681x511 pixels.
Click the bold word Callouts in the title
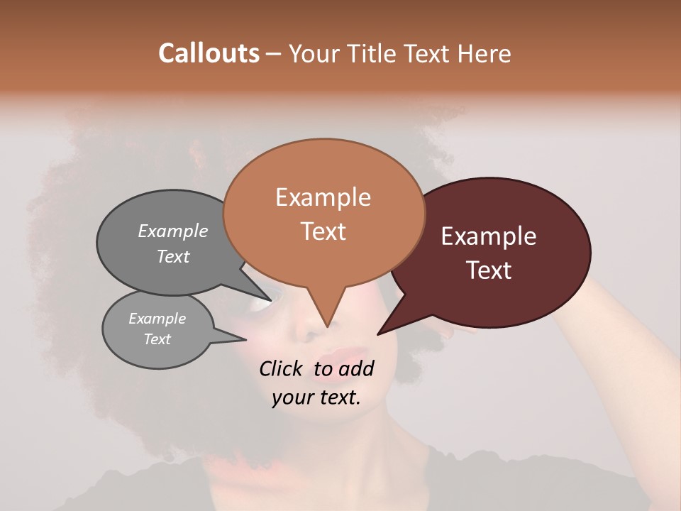tap(209, 53)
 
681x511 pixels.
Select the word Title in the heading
tap(373, 54)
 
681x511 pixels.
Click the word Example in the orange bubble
tap(323, 197)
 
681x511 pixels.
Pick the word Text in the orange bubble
tap(323, 231)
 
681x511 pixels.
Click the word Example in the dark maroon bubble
tap(489, 236)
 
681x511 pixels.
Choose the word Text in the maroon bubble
tap(489, 270)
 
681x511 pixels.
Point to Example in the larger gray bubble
tap(173, 231)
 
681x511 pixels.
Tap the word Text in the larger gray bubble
tap(173, 257)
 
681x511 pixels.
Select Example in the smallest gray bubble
tap(157, 319)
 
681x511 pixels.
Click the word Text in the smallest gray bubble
tap(157, 339)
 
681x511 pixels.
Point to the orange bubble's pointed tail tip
tap(326, 326)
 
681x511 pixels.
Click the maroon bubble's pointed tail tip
tap(377, 334)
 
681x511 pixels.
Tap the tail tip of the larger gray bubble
tap(270, 300)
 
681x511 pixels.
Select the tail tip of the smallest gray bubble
tap(247, 340)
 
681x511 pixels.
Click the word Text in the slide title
tap(427, 54)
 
